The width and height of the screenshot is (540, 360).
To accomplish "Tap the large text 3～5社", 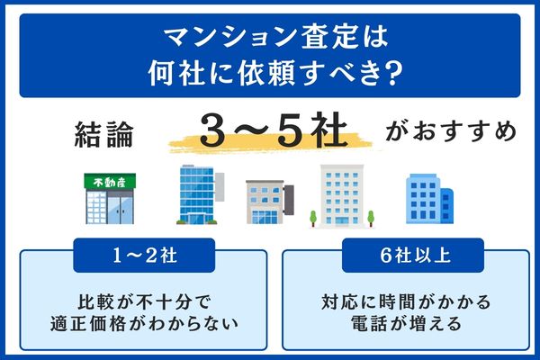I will [x=270, y=133].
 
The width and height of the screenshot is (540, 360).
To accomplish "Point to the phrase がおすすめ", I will [x=451, y=135].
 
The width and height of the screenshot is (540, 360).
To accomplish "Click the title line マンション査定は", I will [x=269, y=38].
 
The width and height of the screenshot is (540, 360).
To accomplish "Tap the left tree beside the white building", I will [x=311, y=217].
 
